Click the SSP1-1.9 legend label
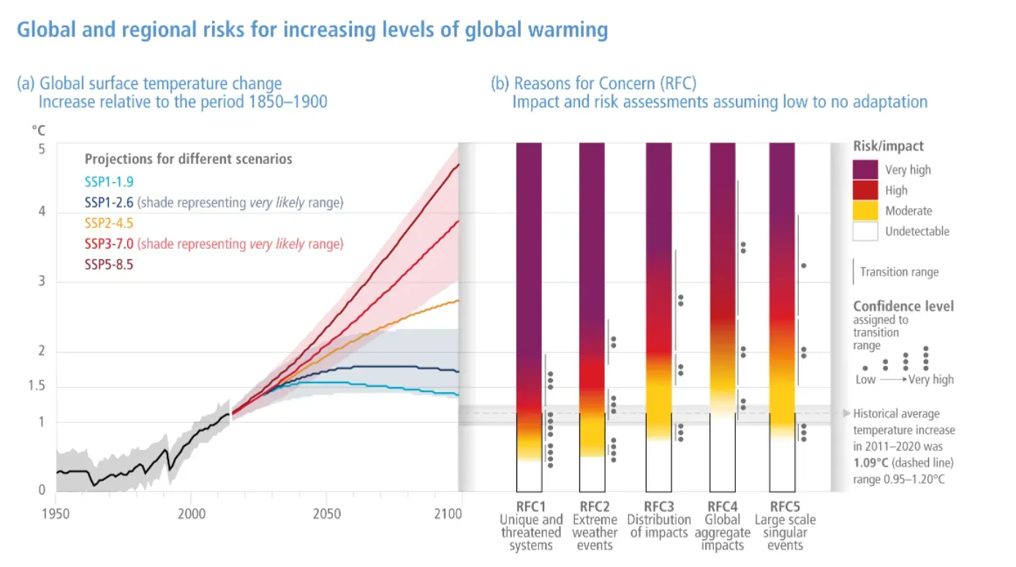point(109,181)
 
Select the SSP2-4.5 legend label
point(109,222)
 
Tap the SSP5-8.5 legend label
point(109,264)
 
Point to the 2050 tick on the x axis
point(327,514)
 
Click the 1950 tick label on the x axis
point(56,514)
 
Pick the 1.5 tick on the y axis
point(36,387)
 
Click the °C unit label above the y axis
point(38,130)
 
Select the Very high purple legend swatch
point(865,170)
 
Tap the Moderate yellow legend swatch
point(865,211)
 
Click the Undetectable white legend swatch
point(865,231)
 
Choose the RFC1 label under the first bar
point(531,506)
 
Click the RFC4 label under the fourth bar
point(723,506)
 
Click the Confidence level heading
point(903,307)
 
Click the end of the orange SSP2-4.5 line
point(458,300)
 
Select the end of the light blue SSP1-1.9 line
point(458,395)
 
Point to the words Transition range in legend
point(899,272)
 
